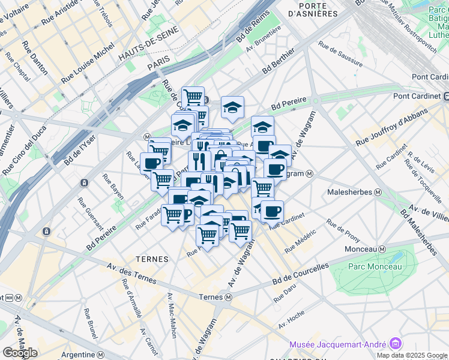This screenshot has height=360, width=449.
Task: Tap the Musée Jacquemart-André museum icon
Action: click(x=395, y=344)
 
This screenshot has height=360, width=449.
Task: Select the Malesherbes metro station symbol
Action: click(x=378, y=193)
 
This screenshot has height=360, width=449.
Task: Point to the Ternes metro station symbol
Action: click(x=229, y=297)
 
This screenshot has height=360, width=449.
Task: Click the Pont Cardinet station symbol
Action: click(x=446, y=96)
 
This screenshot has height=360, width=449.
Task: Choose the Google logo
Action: click(x=19, y=352)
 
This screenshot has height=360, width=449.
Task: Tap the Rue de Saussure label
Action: click(x=340, y=53)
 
